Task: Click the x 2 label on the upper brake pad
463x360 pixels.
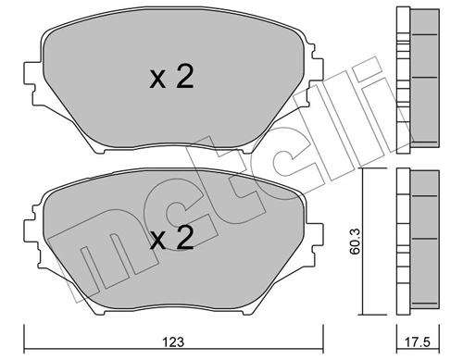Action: click(171, 78)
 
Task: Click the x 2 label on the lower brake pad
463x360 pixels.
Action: click(171, 240)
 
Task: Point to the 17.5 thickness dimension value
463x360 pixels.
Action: click(420, 345)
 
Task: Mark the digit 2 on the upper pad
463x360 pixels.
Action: click(184, 78)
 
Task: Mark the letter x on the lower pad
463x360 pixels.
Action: click(156, 242)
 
